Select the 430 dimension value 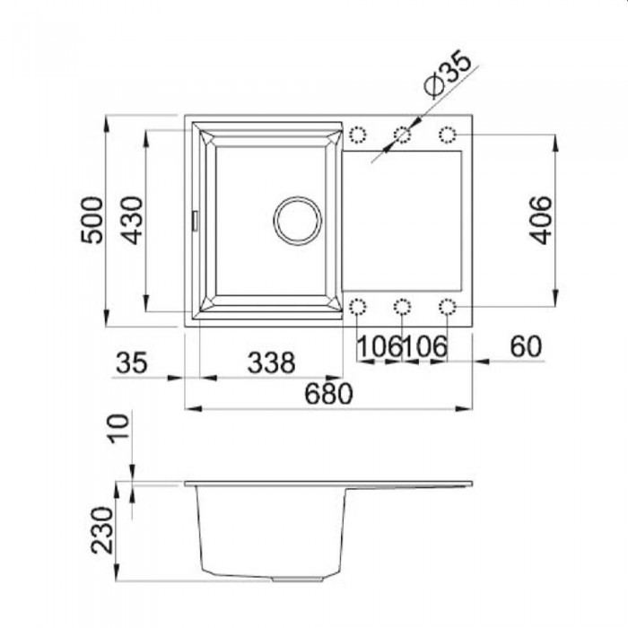tap(132, 220)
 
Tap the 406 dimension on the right tap(540, 220)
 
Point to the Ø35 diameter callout tap(448, 74)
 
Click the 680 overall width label tap(328, 394)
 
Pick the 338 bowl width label tap(271, 362)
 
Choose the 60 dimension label tap(526, 346)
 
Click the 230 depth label tap(101, 530)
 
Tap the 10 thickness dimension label tap(119, 429)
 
